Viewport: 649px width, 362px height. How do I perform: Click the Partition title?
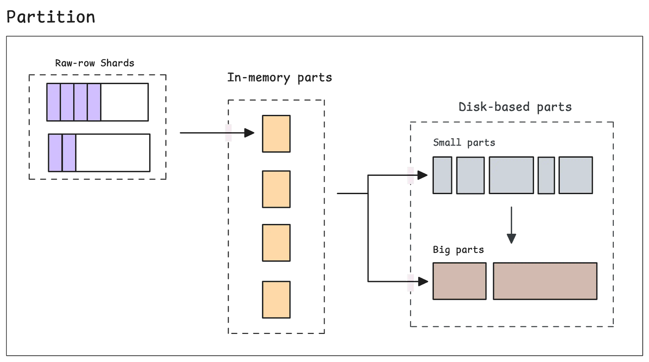(50, 17)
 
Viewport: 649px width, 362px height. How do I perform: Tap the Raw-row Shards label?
(94, 63)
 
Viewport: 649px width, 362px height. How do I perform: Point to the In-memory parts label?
(279, 77)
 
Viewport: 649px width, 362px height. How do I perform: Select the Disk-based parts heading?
(515, 107)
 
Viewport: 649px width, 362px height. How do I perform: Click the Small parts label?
(464, 143)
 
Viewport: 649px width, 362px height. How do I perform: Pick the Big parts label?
(458, 250)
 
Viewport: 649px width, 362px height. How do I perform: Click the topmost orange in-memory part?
(276, 134)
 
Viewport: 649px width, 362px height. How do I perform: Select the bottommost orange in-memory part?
(276, 299)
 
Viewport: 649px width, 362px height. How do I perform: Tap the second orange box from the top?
(276, 189)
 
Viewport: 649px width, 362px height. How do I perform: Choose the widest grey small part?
(511, 175)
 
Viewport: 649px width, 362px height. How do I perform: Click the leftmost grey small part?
(443, 175)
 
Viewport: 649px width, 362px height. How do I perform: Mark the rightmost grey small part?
(575, 175)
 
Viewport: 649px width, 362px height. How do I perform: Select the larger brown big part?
(545, 281)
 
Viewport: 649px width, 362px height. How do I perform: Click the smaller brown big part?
(459, 281)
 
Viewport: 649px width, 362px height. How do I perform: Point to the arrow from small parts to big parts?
(511, 225)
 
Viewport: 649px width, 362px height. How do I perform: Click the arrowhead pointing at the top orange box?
(250, 133)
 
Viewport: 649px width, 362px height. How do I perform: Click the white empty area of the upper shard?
(124, 102)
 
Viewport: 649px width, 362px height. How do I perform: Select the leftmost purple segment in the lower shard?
(55, 153)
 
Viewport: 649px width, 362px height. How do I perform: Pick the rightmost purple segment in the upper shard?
(94, 102)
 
